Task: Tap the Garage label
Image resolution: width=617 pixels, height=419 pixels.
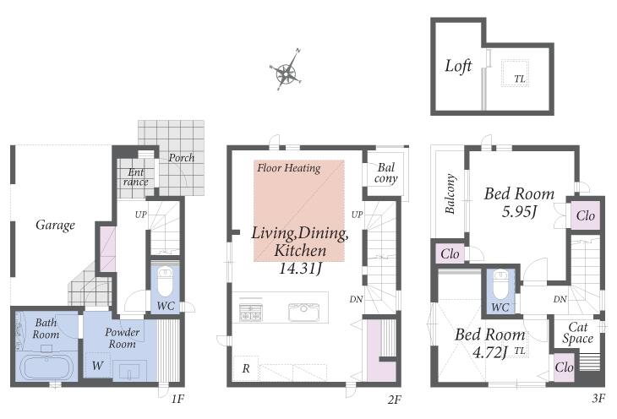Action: [x=55, y=225]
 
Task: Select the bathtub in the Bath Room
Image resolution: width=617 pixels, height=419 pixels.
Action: [x=46, y=367]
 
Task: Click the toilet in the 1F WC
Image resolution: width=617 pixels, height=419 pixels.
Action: [x=166, y=281]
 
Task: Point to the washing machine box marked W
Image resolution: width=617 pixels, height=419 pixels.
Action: [x=97, y=366]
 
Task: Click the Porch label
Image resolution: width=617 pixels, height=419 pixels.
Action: [x=182, y=158]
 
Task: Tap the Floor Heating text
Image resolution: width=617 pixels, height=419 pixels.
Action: [x=289, y=168]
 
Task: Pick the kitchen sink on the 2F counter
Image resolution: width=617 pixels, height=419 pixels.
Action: [x=303, y=313]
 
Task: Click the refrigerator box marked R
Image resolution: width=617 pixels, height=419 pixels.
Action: [x=246, y=368]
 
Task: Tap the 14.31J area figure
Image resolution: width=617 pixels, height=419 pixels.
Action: [x=300, y=269]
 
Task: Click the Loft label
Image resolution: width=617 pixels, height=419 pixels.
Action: [x=458, y=66]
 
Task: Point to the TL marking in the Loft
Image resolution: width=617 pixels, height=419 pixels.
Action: [x=520, y=79]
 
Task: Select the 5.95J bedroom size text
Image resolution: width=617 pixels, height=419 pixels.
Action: [x=520, y=212]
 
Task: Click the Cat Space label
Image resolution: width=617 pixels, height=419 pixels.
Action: [x=577, y=333]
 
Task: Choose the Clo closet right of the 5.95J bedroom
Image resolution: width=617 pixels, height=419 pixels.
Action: [x=586, y=215]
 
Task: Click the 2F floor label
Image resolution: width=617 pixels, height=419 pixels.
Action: [x=394, y=400]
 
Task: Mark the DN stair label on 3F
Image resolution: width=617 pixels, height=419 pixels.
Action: [x=560, y=299]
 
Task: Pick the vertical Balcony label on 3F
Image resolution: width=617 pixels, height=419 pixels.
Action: [x=450, y=193]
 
